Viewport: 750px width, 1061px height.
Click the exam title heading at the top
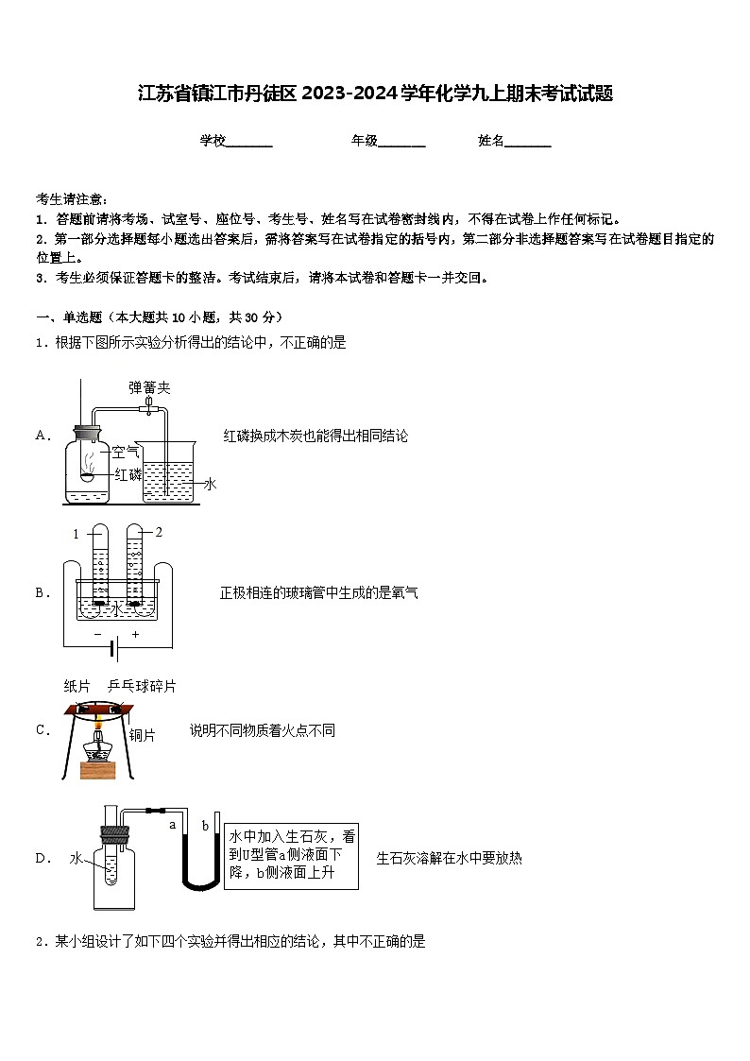(x=375, y=94)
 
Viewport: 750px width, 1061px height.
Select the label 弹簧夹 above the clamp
(x=149, y=387)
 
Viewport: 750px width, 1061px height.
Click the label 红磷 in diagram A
(x=128, y=473)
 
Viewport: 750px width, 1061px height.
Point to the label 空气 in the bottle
(x=126, y=452)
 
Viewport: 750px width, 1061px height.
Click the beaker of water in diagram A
(x=168, y=472)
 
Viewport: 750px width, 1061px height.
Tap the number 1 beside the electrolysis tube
(x=76, y=535)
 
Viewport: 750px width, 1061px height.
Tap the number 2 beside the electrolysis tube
(x=159, y=532)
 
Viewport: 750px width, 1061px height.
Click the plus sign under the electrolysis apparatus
(x=135, y=634)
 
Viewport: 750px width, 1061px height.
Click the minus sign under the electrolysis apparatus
(x=97, y=634)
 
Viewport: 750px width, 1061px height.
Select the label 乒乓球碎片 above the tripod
(x=142, y=686)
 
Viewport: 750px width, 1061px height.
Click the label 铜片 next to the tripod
(x=142, y=734)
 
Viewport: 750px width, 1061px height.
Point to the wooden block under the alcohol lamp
(x=98, y=769)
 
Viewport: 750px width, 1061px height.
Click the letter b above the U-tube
(x=205, y=826)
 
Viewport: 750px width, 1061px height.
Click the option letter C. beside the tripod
(x=43, y=729)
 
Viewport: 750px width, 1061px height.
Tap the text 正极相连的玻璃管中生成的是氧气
(x=318, y=592)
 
